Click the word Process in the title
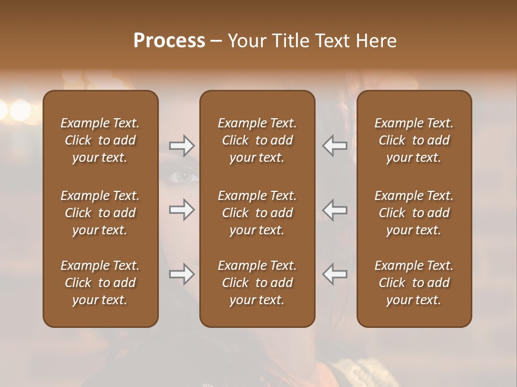point(169,41)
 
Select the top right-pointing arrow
point(182,146)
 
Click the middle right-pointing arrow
point(182,209)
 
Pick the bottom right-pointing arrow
point(182,274)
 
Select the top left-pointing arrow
point(335,146)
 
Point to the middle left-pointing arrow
point(335,209)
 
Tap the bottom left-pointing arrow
point(335,274)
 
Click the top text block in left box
point(100,140)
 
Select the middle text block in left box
point(100,213)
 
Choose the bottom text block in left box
point(100,283)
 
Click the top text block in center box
point(257,140)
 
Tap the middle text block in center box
point(257,213)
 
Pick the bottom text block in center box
point(257,283)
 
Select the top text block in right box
point(414,140)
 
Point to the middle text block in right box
point(414,213)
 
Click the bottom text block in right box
point(414,283)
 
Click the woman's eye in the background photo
point(185,175)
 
